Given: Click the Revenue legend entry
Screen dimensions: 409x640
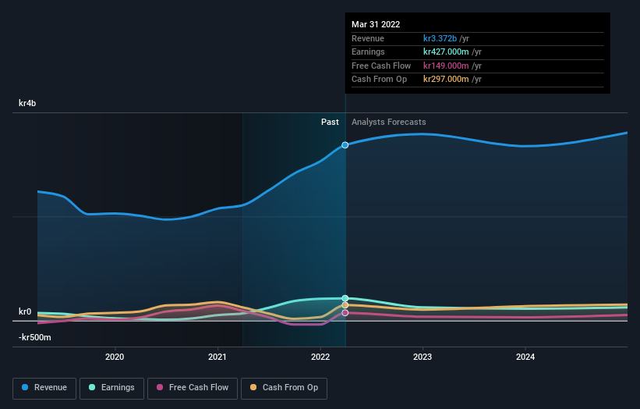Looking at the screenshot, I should coord(44,387).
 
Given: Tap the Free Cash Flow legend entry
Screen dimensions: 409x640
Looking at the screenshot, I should coord(192,387).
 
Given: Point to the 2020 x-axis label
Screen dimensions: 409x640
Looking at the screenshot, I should coord(115,357).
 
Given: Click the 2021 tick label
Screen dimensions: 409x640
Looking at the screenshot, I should coord(217,357).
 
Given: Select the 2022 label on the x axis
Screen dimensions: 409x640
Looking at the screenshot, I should coord(320,357).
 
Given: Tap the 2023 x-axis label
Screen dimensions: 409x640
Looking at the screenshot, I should coord(423,357).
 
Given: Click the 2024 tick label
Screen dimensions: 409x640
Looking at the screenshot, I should coord(525,357).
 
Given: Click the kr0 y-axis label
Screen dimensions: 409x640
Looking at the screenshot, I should coord(25,311).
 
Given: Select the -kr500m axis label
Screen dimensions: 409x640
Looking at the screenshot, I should coord(34,337).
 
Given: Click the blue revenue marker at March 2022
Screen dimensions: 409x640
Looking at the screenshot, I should coord(345,145).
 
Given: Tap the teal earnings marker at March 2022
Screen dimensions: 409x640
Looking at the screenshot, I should coord(345,298).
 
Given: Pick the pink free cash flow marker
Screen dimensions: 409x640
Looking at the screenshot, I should coord(345,313).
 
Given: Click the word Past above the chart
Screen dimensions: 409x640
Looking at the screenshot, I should coord(330,122).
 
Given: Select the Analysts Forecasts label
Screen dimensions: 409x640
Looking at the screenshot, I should coord(388,122).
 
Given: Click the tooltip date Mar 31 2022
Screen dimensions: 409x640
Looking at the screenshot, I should coord(377,24).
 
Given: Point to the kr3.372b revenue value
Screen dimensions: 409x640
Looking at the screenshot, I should coord(440,38).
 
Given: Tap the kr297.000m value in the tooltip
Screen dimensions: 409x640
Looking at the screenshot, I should coord(446,79).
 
